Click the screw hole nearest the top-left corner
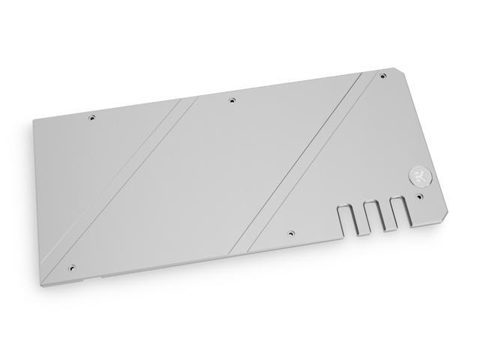coord(92,117)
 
